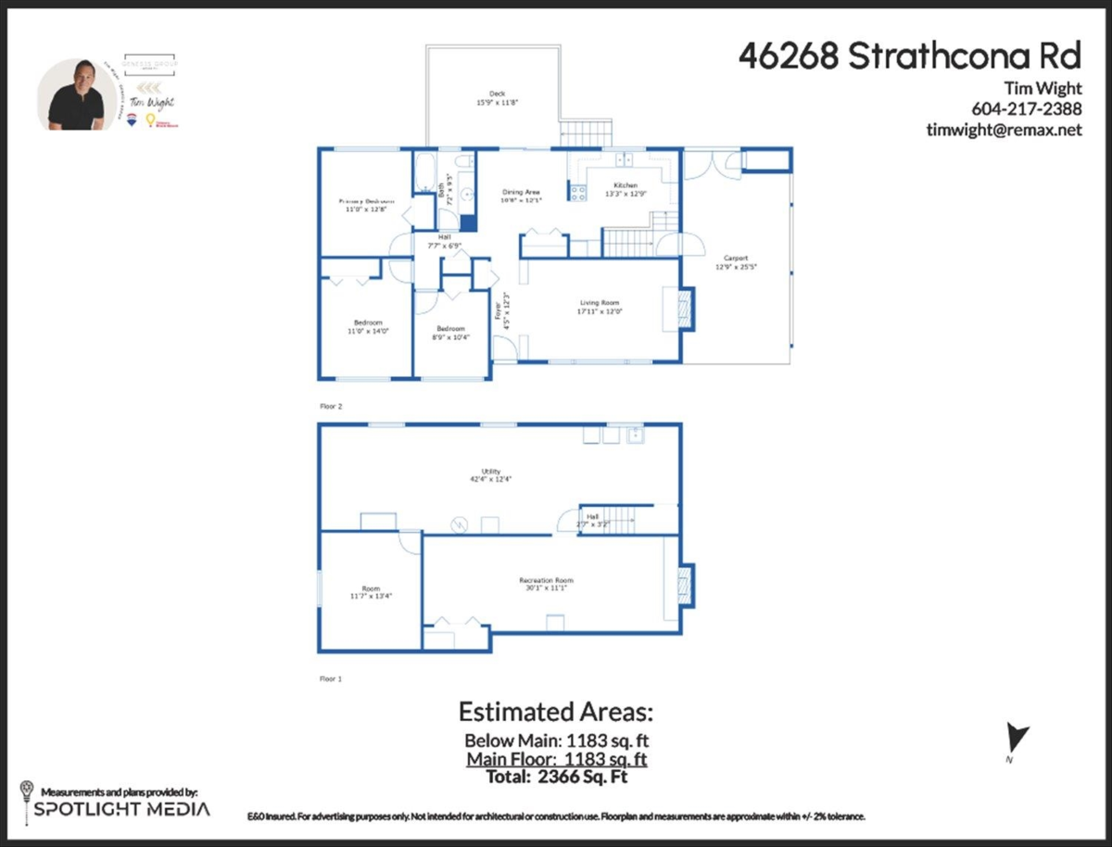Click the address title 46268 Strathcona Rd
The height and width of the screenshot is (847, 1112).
(x=909, y=56)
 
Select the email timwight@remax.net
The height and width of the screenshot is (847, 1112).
(x=1004, y=131)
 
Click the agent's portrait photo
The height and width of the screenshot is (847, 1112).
(x=76, y=95)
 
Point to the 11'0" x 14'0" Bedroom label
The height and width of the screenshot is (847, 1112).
(x=365, y=326)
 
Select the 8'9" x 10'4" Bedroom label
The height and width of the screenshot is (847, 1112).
(x=451, y=333)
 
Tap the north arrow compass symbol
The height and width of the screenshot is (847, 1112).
(x=1017, y=740)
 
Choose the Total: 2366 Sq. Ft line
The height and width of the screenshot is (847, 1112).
(x=556, y=777)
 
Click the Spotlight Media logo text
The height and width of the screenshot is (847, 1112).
(x=121, y=809)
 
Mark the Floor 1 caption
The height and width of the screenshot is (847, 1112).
(x=331, y=678)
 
